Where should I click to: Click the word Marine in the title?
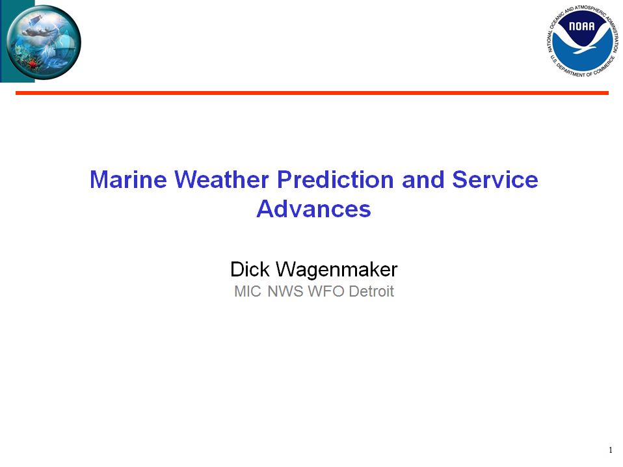[x=128, y=180]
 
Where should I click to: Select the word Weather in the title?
[x=222, y=180]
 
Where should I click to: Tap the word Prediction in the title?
[x=335, y=180]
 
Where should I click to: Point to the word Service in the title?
[x=495, y=180]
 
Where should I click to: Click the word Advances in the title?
[x=313, y=209]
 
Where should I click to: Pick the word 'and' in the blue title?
[x=423, y=180]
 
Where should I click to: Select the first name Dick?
[x=250, y=269]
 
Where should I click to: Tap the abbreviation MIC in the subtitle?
[x=248, y=291]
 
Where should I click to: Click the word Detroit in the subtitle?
[x=371, y=291]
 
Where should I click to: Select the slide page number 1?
[x=611, y=450]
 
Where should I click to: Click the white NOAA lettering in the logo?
[x=581, y=27]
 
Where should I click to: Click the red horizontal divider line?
[x=312, y=93]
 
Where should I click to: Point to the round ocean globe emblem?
[x=44, y=42]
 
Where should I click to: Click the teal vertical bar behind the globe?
[x=18, y=41]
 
